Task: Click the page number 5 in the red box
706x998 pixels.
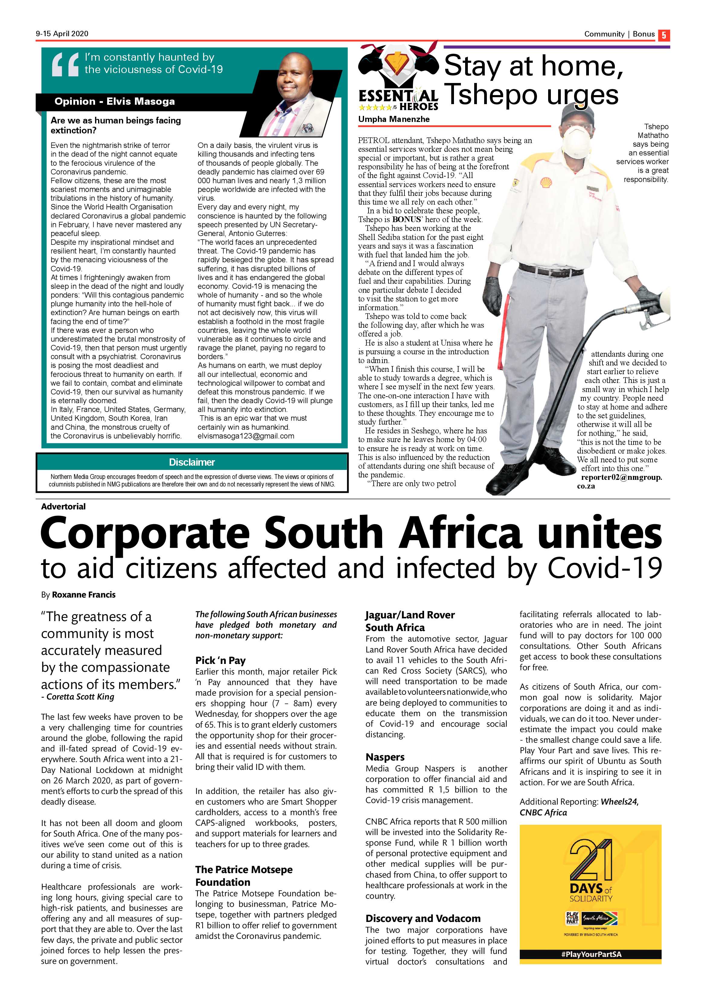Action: pyautogui.click(x=664, y=35)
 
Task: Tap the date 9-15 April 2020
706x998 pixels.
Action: pyautogui.click(x=62, y=34)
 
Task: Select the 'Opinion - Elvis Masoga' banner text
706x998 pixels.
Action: pyautogui.click(x=114, y=102)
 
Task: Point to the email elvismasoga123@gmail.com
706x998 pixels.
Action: pyautogui.click(x=246, y=436)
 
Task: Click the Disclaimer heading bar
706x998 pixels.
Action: pyautogui.click(x=192, y=462)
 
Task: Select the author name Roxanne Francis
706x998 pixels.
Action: pyautogui.click(x=84, y=595)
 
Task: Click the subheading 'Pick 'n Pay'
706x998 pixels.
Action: pyautogui.click(x=220, y=661)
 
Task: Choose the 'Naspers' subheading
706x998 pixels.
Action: pyautogui.click(x=385, y=757)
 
